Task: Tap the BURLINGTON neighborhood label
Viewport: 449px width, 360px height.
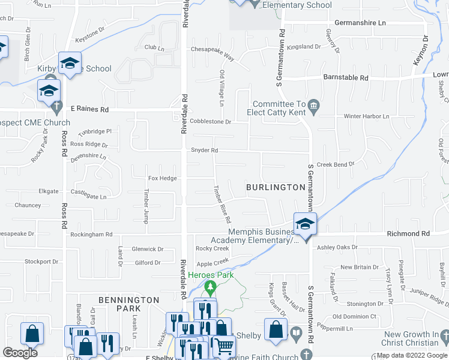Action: coord(276,187)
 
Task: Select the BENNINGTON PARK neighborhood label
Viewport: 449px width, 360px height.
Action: coord(129,304)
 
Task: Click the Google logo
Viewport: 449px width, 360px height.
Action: coord(20,353)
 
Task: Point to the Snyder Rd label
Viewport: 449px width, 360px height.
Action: coord(204,151)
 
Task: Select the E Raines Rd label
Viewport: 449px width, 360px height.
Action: coord(89,110)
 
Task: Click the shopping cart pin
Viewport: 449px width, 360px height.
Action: coord(224,346)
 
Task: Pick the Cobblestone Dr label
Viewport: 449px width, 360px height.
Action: coord(210,121)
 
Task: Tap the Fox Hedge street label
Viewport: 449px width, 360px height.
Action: coord(163,178)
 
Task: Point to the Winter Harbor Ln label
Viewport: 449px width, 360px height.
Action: coord(366,116)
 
